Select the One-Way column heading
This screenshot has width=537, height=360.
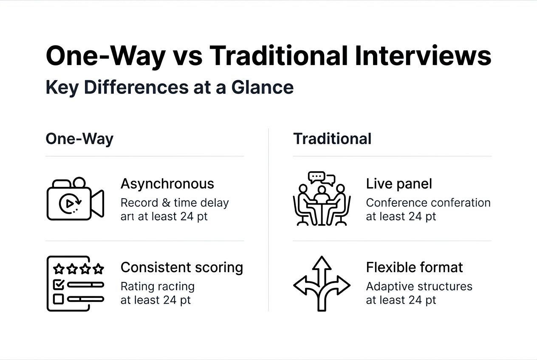coord(79,139)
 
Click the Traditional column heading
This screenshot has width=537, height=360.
coord(332,139)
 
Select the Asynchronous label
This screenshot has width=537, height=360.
coord(167,184)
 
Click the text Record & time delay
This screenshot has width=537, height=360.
coord(175,202)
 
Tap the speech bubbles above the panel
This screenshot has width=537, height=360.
coord(322,177)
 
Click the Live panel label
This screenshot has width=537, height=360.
coord(399,184)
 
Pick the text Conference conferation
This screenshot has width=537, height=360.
coord(428,202)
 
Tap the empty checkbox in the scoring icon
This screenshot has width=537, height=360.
coord(58,299)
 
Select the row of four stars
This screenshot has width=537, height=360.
coord(78,269)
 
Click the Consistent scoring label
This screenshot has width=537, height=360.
coord(182,267)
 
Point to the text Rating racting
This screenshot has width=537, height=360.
coord(158,287)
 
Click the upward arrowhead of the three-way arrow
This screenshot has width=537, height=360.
coord(322,263)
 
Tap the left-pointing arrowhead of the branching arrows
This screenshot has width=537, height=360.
coord(300,284)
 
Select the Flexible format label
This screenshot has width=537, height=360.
coord(414,267)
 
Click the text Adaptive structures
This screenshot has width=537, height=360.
coord(419,287)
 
